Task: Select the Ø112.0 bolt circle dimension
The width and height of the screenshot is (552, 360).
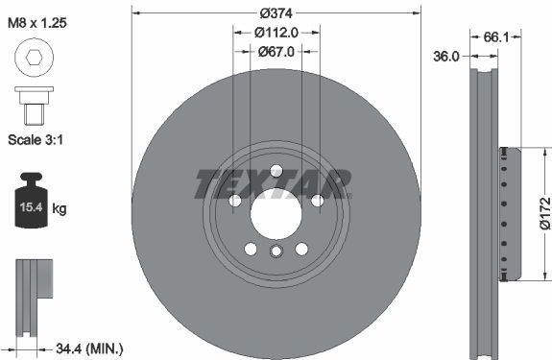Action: [x=276, y=32]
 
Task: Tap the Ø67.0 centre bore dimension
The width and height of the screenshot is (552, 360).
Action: [x=276, y=52]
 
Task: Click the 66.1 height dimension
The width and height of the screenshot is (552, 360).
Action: [x=495, y=37]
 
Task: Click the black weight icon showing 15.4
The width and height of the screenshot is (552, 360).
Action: [x=31, y=204]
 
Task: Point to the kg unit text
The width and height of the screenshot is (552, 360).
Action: [x=60, y=208]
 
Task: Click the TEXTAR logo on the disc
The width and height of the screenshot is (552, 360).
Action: [x=275, y=183]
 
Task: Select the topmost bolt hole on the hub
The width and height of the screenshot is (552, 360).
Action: [x=276, y=172]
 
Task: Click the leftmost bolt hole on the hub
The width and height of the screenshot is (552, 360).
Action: [x=235, y=200]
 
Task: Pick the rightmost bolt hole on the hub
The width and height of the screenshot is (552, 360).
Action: [x=316, y=200]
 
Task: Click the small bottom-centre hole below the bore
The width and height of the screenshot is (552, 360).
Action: [x=276, y=252]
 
